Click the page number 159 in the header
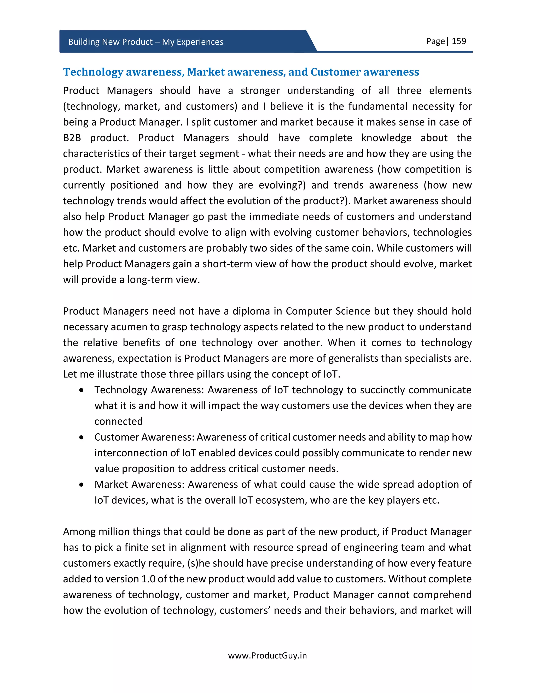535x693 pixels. (x=459, y=41)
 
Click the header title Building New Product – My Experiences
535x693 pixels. (x=146, y=42)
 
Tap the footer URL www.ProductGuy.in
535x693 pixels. (x=267, y=656)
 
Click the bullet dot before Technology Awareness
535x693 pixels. (x=82, y=390)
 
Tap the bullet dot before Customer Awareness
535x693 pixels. (x=82, y=437)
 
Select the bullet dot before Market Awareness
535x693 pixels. (x=82, y=485)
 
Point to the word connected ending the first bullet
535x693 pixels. (x=119, y=421)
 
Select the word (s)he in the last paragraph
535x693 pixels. (x=199, y=563)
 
